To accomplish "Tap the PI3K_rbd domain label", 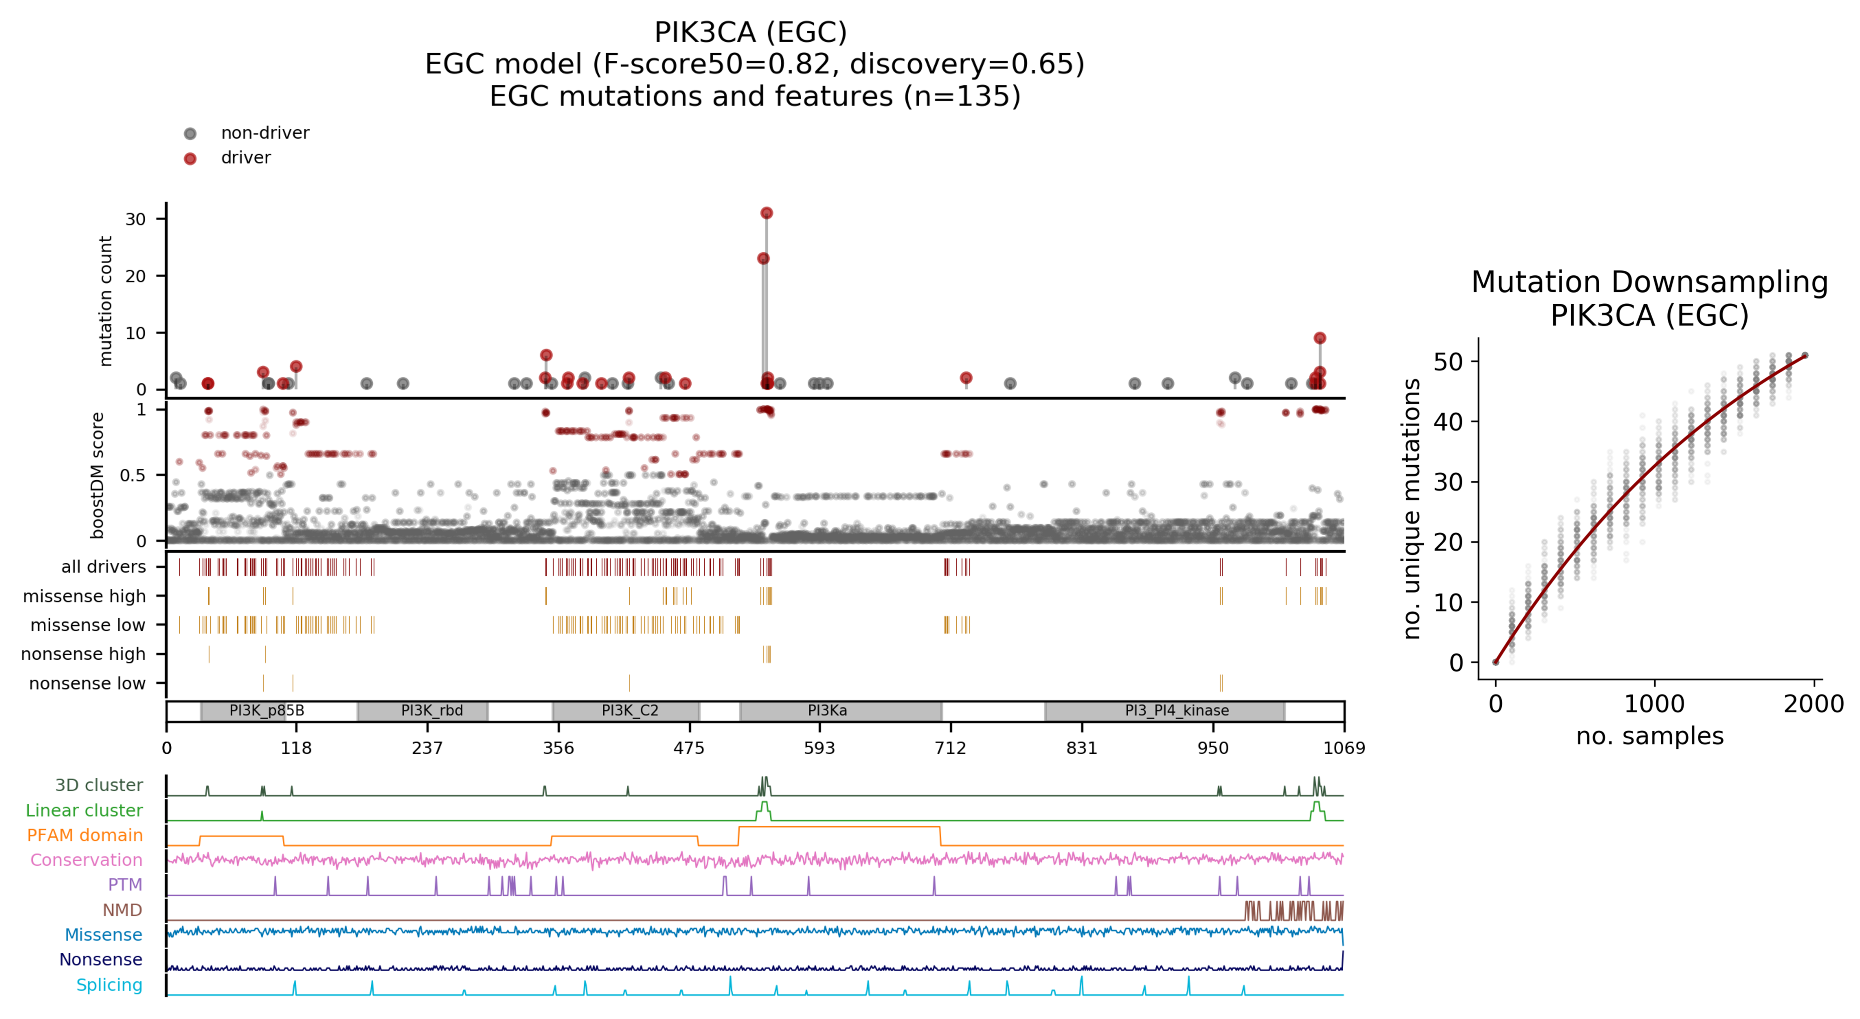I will pyautogui.click(x=432, y=711).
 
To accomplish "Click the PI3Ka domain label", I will pyautogui.click(x=828, y=711).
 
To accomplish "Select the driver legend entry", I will pyautogui.click(x=245, y=158).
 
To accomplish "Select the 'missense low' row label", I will pyautogui.click(x=87, y=625).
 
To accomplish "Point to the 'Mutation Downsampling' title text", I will pyautogui.click(x=1649, y=282).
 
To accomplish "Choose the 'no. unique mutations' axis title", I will pyautogui.click(x=1412, y=509).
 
